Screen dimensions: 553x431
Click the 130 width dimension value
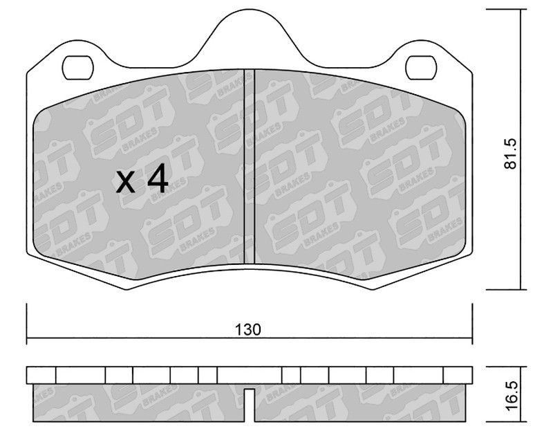coord(248,329)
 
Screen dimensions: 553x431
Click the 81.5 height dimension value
coord(510,154)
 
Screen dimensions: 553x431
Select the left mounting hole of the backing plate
coord(78,68)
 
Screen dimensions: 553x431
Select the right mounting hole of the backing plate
coord(421,68)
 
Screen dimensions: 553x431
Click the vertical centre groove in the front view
coord(250,166)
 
